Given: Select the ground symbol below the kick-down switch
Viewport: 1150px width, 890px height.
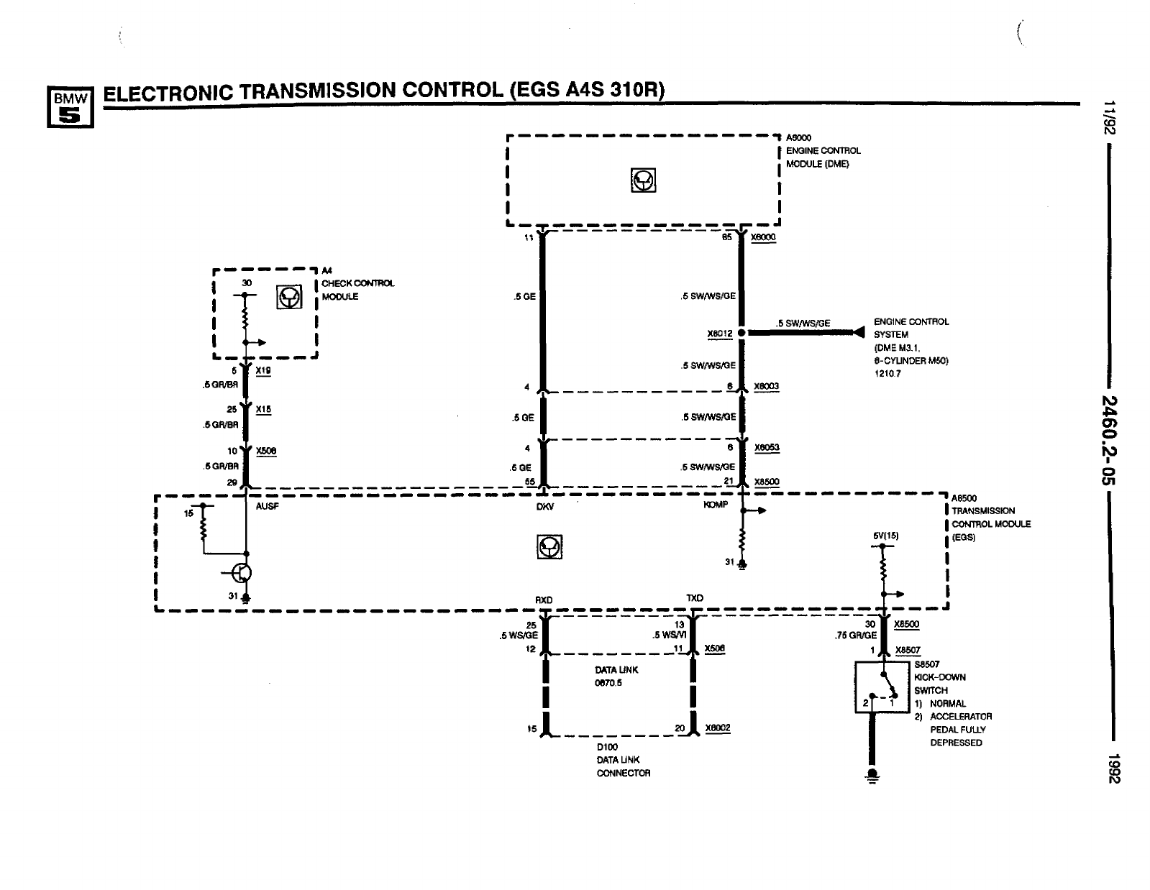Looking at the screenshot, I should point(873,776).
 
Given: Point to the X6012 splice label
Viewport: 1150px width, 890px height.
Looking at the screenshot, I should point(718,333).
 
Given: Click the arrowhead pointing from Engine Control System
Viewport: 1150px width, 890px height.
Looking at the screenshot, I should point(857,332).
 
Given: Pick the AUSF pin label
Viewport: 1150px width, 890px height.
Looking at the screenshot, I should point(267,506).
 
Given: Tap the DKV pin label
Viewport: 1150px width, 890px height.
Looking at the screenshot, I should point(545,506).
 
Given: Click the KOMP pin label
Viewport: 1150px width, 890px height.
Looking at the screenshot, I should point(716,505).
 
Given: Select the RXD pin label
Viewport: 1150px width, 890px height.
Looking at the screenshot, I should point(544,599).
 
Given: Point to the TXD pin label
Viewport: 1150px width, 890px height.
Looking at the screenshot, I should point(694,598).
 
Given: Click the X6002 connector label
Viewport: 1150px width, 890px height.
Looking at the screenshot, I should point(717,728).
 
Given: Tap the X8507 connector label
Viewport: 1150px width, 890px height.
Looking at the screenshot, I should point(907,650).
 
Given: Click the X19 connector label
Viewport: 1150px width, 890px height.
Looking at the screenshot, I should point(263,371).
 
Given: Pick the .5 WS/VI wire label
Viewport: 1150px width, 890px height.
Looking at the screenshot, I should point(669,635).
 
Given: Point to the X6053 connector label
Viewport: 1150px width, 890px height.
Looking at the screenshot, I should point(767,447).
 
